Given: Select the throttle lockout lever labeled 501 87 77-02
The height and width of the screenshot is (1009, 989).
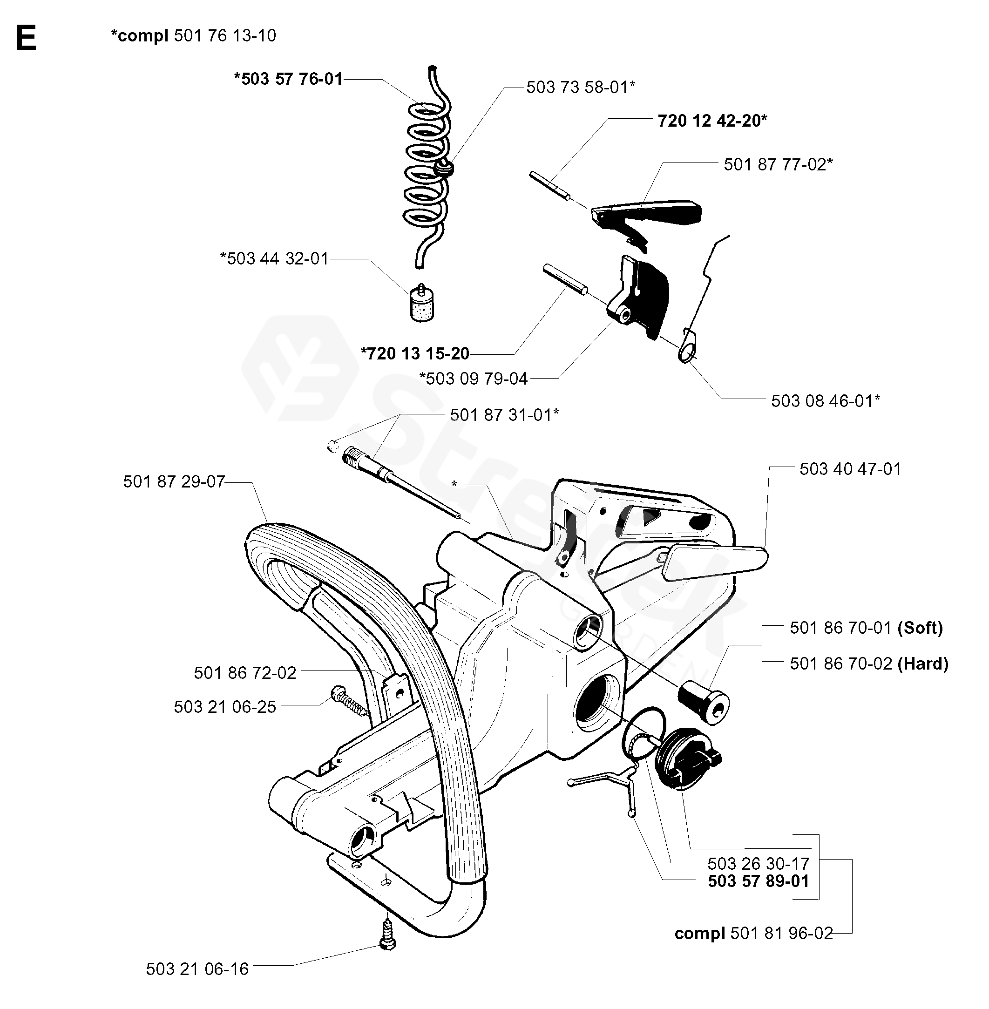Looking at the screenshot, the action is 646,219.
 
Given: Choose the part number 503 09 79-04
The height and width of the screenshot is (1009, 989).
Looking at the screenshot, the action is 474,379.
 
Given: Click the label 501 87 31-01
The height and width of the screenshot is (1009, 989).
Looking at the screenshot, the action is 504,415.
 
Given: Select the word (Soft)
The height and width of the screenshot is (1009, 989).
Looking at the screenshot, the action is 920,628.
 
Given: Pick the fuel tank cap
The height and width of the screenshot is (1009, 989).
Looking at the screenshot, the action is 688,763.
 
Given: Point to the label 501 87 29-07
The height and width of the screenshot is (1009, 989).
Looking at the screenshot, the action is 174,482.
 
